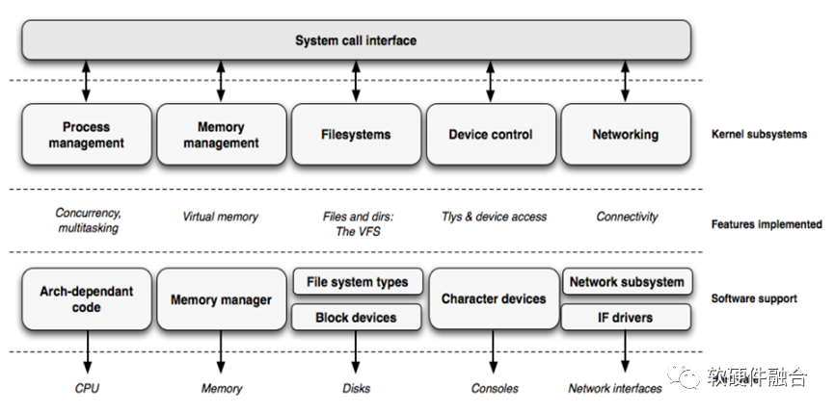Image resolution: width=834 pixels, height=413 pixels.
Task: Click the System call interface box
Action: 356,40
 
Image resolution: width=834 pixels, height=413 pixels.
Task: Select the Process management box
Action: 86,135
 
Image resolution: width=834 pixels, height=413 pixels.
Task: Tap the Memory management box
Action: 221,135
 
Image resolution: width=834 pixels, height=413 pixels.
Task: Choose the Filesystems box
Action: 356,135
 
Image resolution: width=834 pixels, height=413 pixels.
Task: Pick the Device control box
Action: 491,135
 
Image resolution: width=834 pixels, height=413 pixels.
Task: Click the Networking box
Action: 625,135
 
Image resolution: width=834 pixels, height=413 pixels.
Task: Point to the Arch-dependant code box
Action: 86,299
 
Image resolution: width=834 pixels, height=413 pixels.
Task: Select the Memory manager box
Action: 221,299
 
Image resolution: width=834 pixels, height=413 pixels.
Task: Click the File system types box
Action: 357,282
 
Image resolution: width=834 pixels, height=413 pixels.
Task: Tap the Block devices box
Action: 357,317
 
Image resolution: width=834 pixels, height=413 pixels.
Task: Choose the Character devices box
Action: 493,299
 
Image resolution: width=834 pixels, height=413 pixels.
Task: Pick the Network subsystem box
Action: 627,282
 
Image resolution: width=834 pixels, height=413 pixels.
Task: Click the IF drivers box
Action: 627,317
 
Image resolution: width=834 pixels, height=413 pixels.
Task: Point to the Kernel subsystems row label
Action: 758,134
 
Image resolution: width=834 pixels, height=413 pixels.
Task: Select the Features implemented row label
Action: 766,224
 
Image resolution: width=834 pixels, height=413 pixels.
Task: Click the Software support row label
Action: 754,298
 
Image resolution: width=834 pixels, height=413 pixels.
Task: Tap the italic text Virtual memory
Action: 221,217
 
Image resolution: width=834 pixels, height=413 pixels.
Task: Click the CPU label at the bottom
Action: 87,389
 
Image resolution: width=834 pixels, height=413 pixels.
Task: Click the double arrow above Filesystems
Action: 356,82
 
